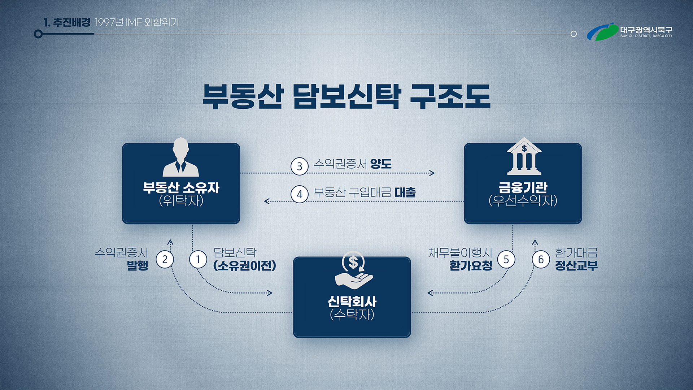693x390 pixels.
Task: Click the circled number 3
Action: (299, 166)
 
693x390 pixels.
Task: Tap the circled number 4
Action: (299, 194)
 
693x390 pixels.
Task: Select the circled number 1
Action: (198, 259)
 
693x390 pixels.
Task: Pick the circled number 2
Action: (165, 259)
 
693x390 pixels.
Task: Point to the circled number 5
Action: (506, 259)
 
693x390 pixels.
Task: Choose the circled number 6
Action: (541, 259)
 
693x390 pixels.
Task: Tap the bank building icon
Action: (524, 156)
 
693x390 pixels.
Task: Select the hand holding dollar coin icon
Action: (353, 270)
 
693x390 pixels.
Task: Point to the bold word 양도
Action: (381, 164)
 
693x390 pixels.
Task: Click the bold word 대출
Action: (405, 192)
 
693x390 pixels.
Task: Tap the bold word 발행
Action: (138, 266)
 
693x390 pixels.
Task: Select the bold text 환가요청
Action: (471, 266)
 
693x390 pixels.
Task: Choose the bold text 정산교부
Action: (576, 266)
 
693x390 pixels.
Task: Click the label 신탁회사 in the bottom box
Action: (352, 301)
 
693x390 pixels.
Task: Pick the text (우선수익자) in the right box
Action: (523, 200)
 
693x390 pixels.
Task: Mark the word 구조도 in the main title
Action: (450, 96)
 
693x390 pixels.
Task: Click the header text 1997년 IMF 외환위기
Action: (137, 22)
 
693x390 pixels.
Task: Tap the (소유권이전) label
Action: (245, 266)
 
